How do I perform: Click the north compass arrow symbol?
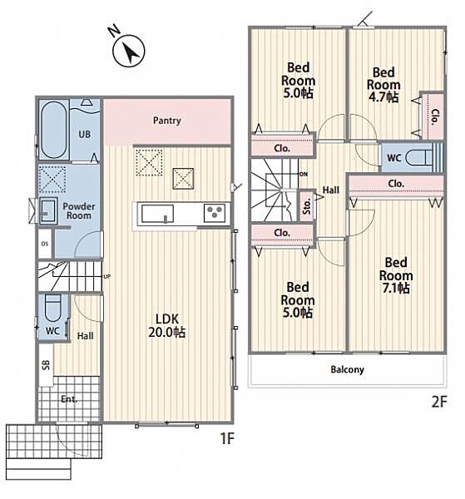[x=129, y=51]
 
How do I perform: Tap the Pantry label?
[x=166, y=121]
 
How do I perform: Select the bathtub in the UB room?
[x=53, y=130]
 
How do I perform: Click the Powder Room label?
[x=79, y=210]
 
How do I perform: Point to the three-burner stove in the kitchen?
[x=214, y=213]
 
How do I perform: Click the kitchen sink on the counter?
[x=157, y=214]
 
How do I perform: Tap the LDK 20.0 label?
[x=166, y=325]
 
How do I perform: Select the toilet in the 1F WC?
[x=53, y=309]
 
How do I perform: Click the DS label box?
[x=45, y=244]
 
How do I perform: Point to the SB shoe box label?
[x=46, y=365]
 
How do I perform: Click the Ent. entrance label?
[x=69, y=399]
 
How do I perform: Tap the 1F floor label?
[x=227, y=439]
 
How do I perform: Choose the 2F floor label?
[x=439, y=402]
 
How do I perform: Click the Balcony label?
[x=347, y=369]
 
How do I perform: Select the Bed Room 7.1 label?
[x=396, y=275]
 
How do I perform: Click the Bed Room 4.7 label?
[x=383, y=85]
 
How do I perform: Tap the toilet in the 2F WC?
[x=421, y=157]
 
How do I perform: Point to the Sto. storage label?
[x=307, y=206]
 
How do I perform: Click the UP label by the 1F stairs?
[x=107, y=277]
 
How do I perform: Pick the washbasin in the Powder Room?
[x=48, y=210]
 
